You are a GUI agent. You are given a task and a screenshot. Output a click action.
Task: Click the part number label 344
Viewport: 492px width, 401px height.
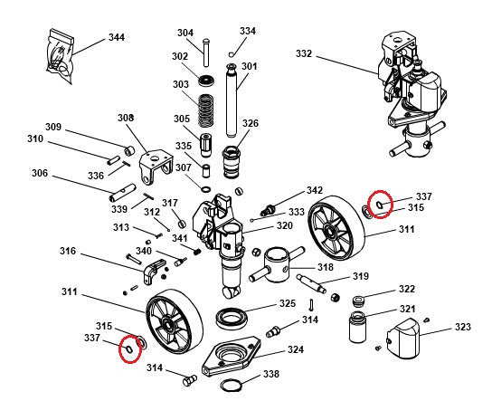(x=116, y=37)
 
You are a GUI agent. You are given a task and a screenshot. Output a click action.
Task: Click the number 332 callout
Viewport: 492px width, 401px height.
(x=303, y=54)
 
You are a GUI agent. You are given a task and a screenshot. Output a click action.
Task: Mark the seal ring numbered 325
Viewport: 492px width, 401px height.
(x=233, y=319)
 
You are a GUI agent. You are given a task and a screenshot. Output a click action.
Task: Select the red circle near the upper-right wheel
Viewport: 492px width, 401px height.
(x=382, y=203)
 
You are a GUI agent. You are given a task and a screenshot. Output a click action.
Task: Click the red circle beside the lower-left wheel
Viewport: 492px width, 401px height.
(x=129, y=346)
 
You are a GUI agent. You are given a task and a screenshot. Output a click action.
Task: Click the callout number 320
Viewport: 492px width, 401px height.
(x=284, y=225)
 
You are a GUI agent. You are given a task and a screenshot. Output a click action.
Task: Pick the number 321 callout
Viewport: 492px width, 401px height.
(x=407, y=309)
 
